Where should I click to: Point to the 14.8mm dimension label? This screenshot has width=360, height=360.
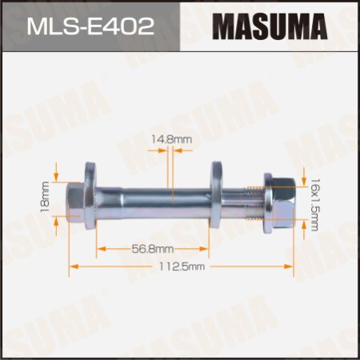(180, 139)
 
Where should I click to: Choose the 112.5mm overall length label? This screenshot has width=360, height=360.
(182, 265)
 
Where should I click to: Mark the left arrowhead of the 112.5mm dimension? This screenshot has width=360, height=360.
(72, 264)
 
